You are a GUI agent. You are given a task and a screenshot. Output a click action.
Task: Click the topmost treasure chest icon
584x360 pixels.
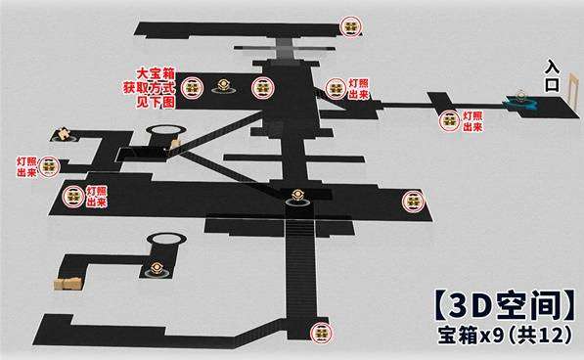tap(350, 26)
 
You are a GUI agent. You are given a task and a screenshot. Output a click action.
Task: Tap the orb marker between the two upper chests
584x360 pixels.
tap(227, 87)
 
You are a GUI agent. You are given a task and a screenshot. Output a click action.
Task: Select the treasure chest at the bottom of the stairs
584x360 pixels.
tap(317, 333)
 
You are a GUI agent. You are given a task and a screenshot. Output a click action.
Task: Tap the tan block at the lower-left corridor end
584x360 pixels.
tap(68, 284)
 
